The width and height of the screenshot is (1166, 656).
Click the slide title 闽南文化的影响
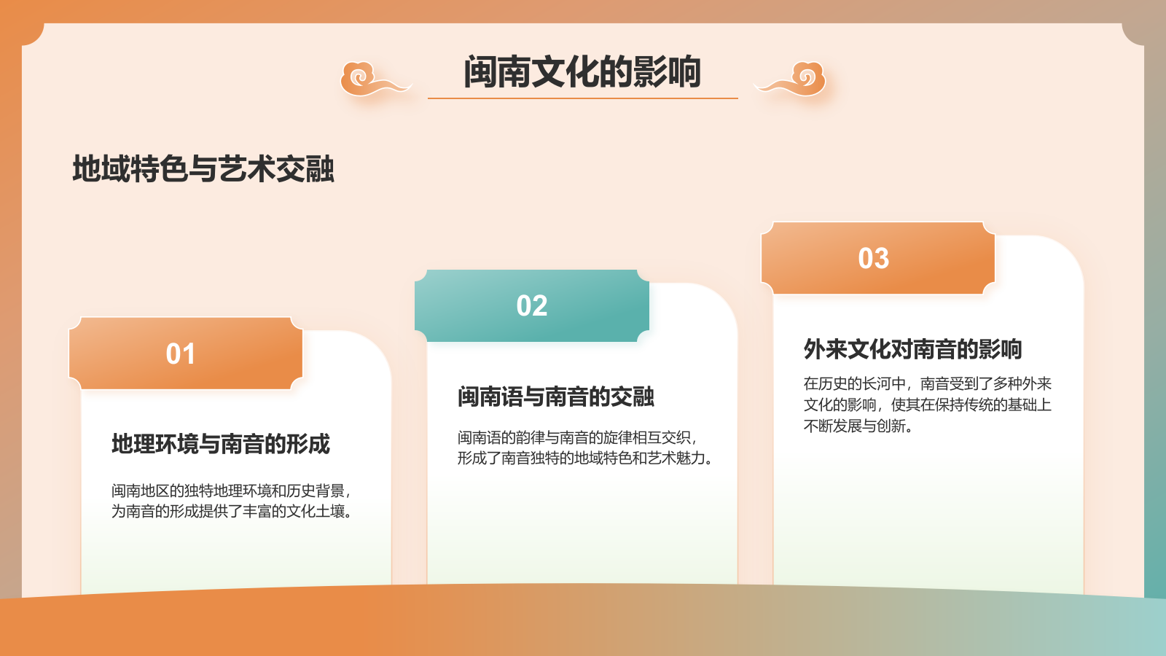(582, 71)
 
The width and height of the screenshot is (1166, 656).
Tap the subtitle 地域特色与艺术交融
(203, 169)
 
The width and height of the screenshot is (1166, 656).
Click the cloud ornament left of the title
(372, 79)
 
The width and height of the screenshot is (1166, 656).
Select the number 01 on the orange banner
(181, 354)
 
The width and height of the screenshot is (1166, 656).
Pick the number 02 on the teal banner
(531, 306)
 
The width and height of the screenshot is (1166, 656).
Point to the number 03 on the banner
(874, 259)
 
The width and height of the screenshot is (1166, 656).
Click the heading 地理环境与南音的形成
(221, 444)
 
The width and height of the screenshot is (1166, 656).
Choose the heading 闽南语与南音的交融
(556, 397)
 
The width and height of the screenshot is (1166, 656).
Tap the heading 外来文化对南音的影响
(913, 349)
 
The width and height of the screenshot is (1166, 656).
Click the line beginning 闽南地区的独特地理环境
(231, 491)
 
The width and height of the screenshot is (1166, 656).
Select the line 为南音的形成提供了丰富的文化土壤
(232, 512)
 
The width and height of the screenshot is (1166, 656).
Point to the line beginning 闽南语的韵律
(577, 437)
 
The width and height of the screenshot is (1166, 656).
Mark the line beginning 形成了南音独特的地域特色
(585, 458)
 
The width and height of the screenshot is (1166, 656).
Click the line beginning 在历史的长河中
(928, 383)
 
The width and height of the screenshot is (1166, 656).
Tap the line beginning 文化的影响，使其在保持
(928, 405)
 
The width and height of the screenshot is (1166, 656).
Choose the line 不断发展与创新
(858, 426)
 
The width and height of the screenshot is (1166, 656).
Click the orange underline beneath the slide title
(582, 98)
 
